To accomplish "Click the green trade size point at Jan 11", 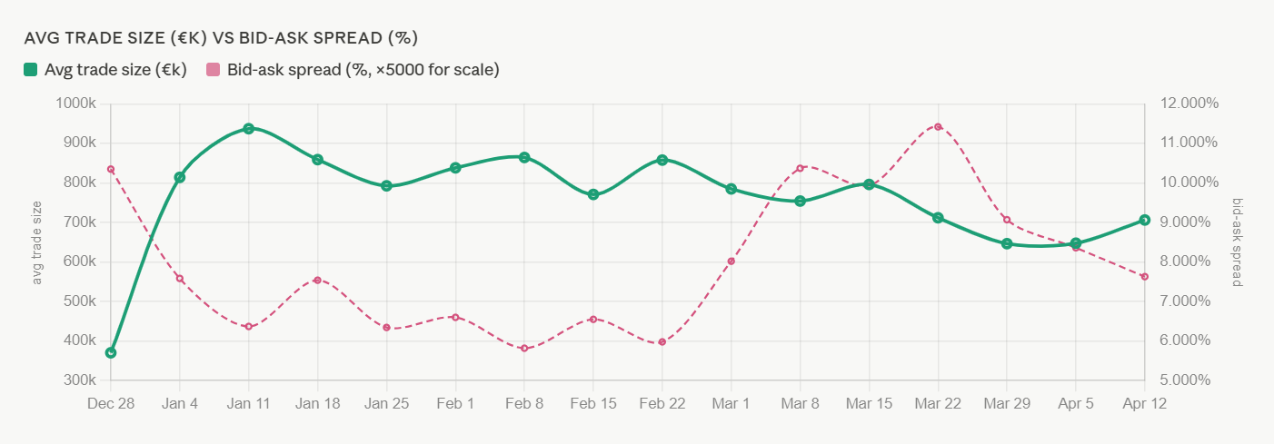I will (248, 128).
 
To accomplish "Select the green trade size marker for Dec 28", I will (111, 352).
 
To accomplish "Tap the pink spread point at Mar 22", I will (938, 126).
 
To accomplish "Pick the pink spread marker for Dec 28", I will (111, 169).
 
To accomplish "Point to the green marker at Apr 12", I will (1145, 220).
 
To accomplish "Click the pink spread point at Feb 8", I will (524, 348).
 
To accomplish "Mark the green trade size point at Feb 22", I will (662, 160).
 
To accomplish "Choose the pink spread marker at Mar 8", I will (800, 168).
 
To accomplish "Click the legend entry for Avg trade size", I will (105, 70).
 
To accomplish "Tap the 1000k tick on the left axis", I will (76, 103).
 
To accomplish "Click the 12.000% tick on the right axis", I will (1189, 103).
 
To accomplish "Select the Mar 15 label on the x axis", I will (869, 403).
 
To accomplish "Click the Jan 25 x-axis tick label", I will (386, 403).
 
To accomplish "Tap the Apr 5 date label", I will (1076, 403).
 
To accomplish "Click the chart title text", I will (221, 38).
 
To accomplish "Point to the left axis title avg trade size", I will (37, 242).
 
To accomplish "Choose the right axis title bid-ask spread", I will (1237, 242).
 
